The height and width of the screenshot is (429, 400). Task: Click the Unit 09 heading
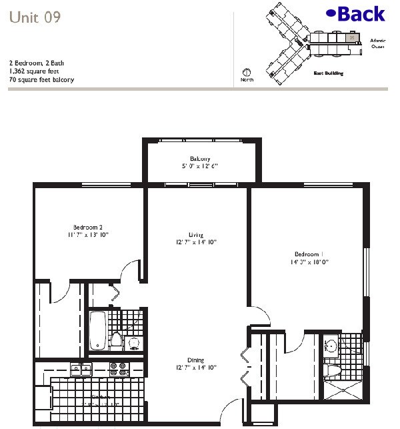(35, 18)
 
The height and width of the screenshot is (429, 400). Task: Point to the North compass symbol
(246, 73)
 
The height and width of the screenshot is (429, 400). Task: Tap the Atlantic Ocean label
(378, 44)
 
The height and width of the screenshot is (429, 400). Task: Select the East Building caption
(329, 73)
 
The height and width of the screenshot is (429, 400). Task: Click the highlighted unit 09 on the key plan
(350, 38)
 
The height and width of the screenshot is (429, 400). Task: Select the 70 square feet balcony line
(41, 79)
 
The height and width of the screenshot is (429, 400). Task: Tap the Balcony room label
(201, 158)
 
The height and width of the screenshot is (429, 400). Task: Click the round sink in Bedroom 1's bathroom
(331, 346)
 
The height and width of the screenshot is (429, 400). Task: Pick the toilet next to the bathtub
(116, 340)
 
